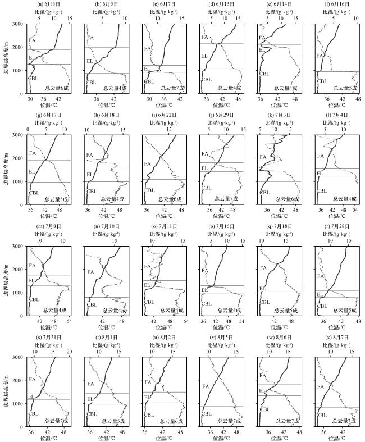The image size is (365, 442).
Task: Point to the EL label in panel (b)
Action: pos(89,61)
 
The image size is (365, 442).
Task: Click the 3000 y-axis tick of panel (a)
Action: pos(18,24)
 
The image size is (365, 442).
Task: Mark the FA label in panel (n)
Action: pos(89,272)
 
